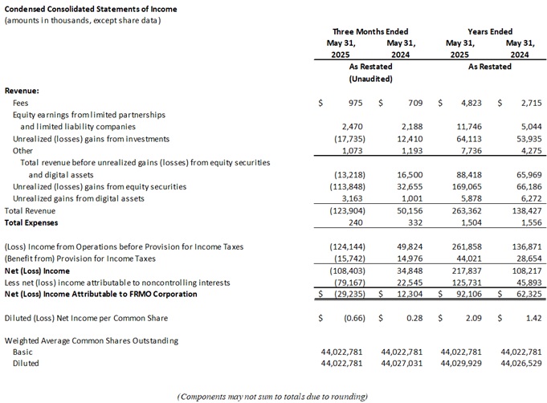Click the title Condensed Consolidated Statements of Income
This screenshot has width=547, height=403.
click(92, 9)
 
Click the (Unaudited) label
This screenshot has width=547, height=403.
click(370, 79)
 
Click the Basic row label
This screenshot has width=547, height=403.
click(22, 352)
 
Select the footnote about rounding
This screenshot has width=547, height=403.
click(272, 396)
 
